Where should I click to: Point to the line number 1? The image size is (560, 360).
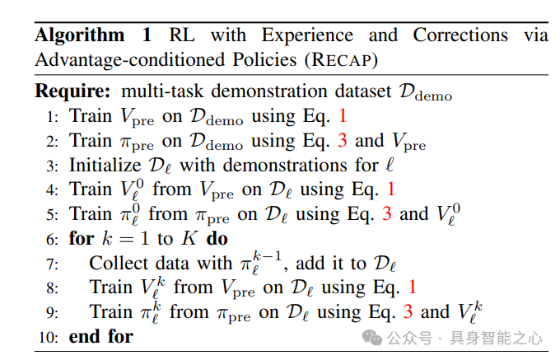click(52, 117)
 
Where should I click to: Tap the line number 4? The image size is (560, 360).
click(52, 190)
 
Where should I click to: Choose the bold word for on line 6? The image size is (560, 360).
click(82, 239)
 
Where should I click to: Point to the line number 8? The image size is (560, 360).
click(52, 288)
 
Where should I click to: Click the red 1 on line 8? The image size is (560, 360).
click(412, 288)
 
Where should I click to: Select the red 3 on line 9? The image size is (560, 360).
click(408, 312)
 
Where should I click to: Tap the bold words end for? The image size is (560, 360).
click(101, 336)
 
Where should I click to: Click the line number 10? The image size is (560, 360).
click(49, 337)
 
